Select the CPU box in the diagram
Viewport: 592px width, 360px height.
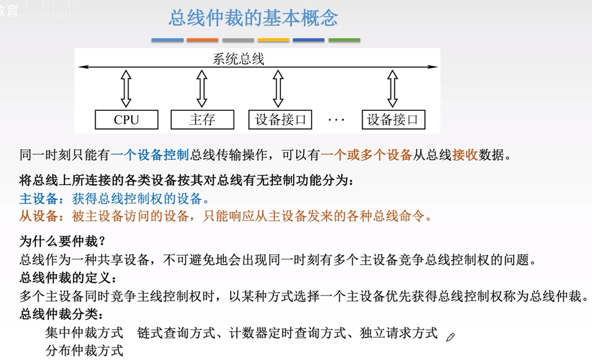pyautogui.click(x=126, y=120)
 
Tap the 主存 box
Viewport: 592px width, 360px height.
pyautogui.click(x=202, y=120)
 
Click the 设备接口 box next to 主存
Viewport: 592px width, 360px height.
pyautogui.click(x=280, y=120)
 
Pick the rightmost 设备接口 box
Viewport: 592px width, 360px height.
pyautogui.click(x=393, y=120)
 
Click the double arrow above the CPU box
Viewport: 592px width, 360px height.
pyautogui.click(x=126, y=89)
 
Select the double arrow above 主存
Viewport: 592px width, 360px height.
pyautogui.click(x=202, y=89)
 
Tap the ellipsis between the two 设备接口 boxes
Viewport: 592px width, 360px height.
pyautogui.click(x=336, y=120)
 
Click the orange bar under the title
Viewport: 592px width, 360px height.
pyautogui.click(x=202, y=40)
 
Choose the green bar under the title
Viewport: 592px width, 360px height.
pyautogui.click(x=344, y=40)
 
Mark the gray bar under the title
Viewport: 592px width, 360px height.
pyautogui.click(x=238, y=40)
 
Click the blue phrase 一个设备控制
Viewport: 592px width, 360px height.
pyautogui.click(x=150, y=155)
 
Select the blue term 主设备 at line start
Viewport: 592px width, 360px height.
pyautogui.click(x=38, y=199)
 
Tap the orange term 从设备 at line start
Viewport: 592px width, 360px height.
pyautogui.click(x=38, y=216)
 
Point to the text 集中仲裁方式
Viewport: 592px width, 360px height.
pyautogui.click(x=84, y=333)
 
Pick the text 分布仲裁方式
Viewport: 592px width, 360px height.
pyautogui.click(x=84, y=350)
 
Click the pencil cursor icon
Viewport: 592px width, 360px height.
pyautogui.click(x=450, y=337)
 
